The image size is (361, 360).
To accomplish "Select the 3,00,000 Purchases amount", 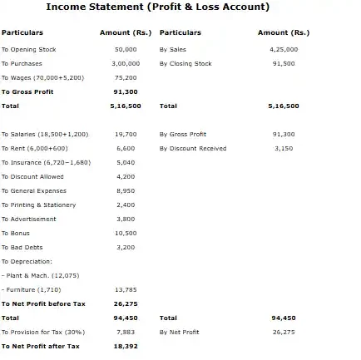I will click(x=126, y=63).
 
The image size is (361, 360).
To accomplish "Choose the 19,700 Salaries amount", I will click(x=126, y=134).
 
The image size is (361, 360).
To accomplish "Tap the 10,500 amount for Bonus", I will click(x=126, y=233).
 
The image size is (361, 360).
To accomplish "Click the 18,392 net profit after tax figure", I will click(x=125, y=346).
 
